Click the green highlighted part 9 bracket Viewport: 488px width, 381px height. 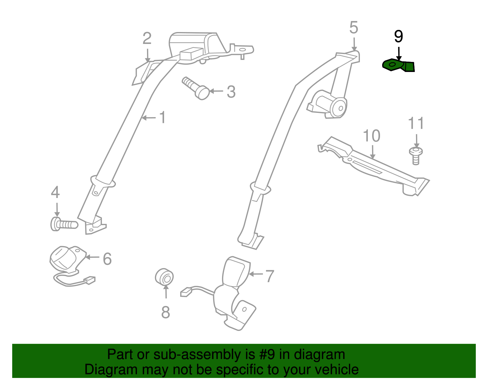pyautogui.click(x=398, y=65)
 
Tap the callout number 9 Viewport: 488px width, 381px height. pyautogui.click(x=399, y=37)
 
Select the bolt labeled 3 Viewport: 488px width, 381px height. pyautogui.click(x=196, y=88)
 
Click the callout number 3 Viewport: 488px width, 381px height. pyautogui.click(x=231, y=92)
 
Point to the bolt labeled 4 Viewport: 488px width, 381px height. pyautogui.click(x=64, y=224)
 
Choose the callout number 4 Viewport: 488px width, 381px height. pyautogui.click(x=56, y=192)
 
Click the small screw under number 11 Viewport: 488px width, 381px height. pyautogui.click(x=416, y=156)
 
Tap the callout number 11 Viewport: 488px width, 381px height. pyautogui.click(x=416, y=123)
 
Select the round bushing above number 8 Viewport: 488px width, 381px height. pyautogui.click(x=164, y=276)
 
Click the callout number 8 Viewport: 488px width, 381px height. pyautogui.click(x=166, y=312)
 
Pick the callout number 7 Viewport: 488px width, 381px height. pyautogui.click(x=270, y=276)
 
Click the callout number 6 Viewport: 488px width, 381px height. pyautogui.click(x=107, y=259)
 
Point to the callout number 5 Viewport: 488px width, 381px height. pyautogui.click(x=354, y=28)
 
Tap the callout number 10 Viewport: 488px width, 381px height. pyautogui.click(x=372, y=136)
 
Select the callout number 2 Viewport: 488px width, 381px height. pyautogui.click(x=147, y=38)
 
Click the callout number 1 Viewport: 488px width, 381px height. pyautogui.click(x=163, y=117)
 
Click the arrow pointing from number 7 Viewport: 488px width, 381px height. pyautogui.click(x=256, y=274)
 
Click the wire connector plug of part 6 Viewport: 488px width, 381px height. pyautogui.click(x=89, y=280)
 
